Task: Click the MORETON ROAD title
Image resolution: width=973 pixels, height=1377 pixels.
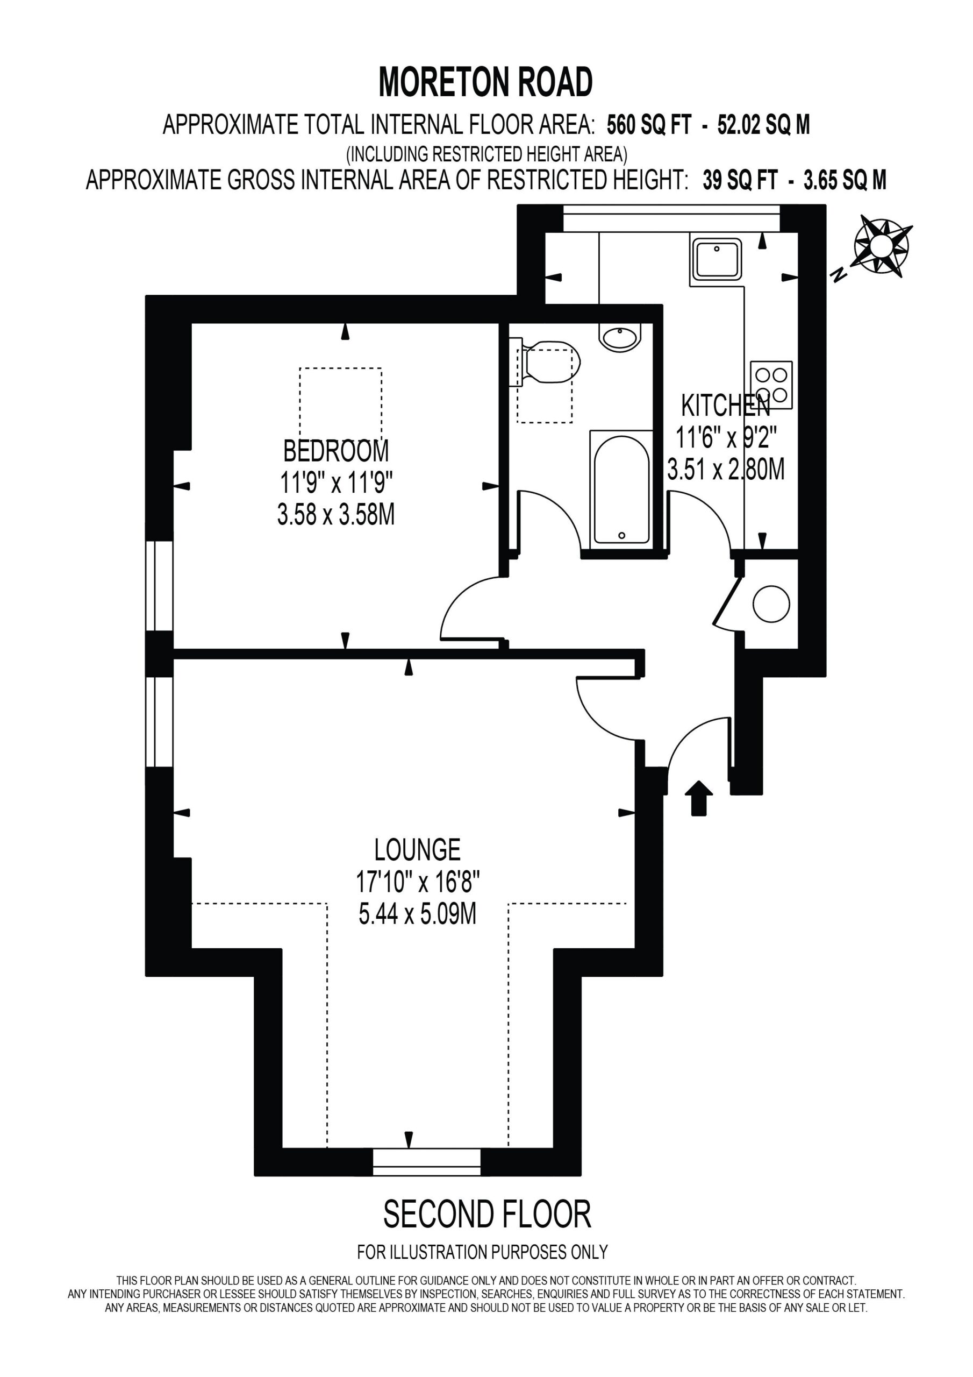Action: click(x=485, y=82)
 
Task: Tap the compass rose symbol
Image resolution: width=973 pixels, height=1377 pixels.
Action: click(x=880, y=246)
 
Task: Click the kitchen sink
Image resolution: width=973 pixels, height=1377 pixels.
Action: click(x=717, y=259)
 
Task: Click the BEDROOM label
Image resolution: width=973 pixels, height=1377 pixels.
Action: click(x=336, y=450)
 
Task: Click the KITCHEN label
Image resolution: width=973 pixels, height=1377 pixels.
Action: click(x=725, y=406)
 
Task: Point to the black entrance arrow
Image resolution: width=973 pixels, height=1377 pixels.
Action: click(x=698, y=798)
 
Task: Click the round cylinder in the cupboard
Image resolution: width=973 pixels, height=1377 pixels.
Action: click(x=771, y=604)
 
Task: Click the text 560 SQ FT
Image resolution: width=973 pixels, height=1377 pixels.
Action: click(x=649, y=125)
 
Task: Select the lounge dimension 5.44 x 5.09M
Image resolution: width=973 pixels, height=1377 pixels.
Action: click(x=417, y=914)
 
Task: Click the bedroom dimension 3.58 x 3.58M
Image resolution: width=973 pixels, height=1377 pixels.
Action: click(x=336, y=515)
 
